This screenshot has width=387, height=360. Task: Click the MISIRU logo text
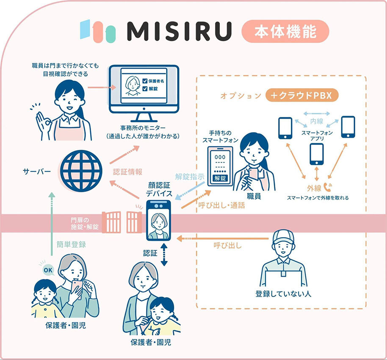[180, 31]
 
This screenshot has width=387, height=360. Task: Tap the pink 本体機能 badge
[285, 31]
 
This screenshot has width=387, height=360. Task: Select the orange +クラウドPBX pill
[301, 95]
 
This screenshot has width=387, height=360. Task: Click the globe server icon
[81, 171]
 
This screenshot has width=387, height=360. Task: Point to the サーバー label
[36, 172]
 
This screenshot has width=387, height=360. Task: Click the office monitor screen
[144, 89]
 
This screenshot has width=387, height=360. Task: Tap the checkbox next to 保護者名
[145, 81]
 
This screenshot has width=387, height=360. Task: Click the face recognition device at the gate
[158, 220]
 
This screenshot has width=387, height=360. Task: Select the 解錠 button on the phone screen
[220, 178]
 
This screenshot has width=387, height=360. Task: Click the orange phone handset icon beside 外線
[328, 187]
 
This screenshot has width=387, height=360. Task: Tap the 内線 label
[317, 121]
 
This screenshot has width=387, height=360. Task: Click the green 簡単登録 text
[71, 244]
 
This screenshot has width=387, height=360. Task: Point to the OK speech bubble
[48, 270]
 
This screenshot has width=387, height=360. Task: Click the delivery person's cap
[284, 237]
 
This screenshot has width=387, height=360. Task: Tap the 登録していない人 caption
[283, 294]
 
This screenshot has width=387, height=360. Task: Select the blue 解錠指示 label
[190, 177]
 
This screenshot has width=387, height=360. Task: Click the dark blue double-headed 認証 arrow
[164, 255]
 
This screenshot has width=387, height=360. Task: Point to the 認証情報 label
[127, 172]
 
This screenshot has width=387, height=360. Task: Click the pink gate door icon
[122, 222]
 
